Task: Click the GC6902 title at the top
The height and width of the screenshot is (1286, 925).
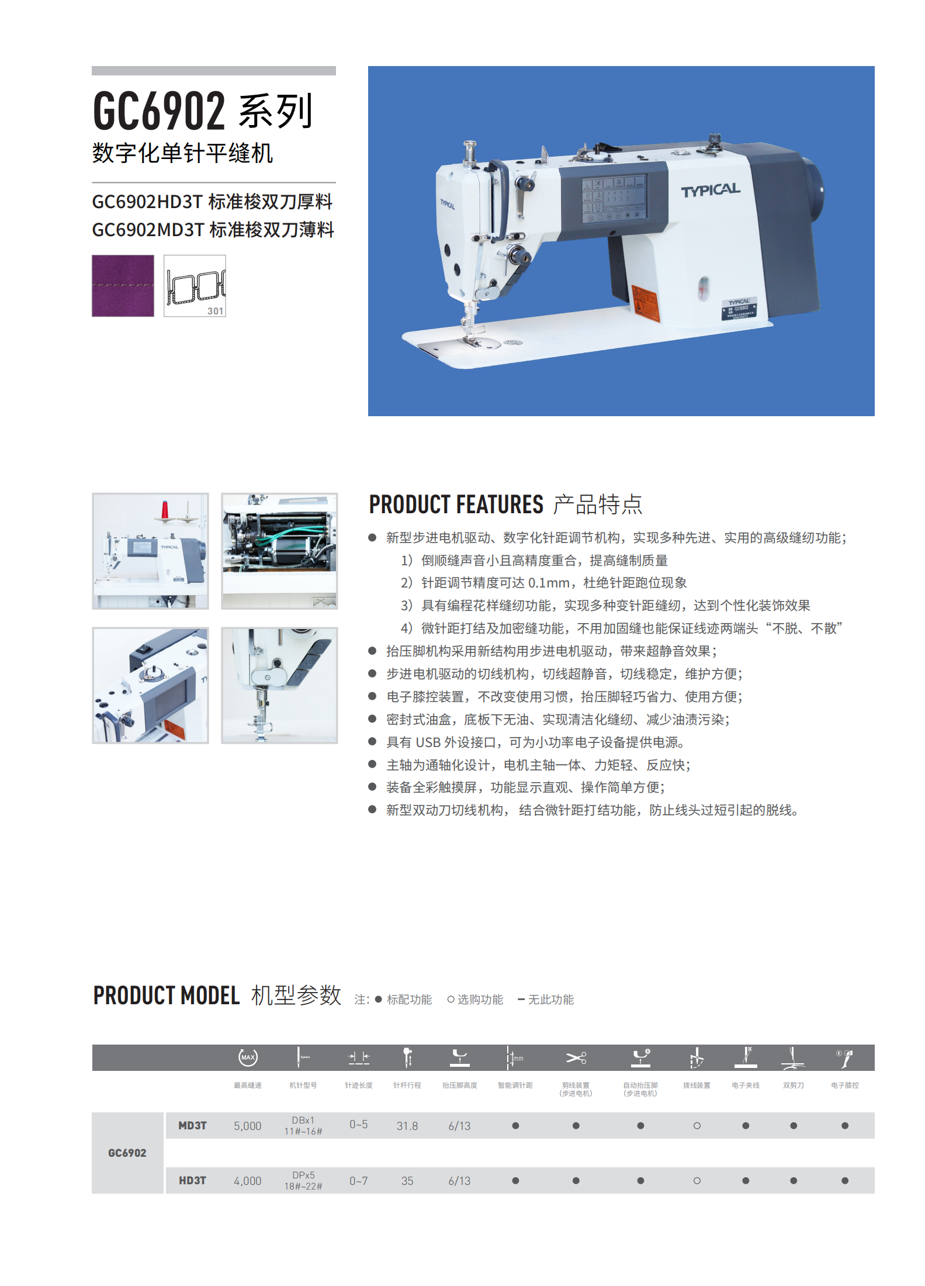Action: pos(159,111)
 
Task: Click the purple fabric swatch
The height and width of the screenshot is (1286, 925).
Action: pos(123,286)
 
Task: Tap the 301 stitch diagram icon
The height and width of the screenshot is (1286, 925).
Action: pos(195,286)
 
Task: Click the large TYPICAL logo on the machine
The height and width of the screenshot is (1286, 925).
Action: pos(710,191)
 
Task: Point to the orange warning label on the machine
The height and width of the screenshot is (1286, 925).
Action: pos(646,303)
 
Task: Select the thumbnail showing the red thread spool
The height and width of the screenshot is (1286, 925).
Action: pos(150,551)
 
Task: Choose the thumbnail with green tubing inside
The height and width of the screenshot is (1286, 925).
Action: pos(279,551)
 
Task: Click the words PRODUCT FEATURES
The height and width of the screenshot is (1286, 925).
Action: pos(456,504)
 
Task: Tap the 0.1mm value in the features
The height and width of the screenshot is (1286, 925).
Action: pos(549,583)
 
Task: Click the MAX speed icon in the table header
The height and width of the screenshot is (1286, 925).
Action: pos(248,1057)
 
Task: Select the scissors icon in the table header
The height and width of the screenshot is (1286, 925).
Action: pos(576,1057)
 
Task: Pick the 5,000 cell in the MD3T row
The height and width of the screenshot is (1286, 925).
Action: pos(248,1126)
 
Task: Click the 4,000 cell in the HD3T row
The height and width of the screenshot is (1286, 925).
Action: pos(248,1181)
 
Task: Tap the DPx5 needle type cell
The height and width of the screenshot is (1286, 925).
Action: pos(303,1175)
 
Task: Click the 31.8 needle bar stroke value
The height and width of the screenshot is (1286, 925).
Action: pos(407,1126)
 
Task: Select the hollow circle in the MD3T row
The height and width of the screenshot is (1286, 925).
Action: pos(697,1126)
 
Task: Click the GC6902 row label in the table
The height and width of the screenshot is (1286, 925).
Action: pos(127,1153)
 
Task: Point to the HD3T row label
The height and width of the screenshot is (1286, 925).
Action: pos(192,1181)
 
